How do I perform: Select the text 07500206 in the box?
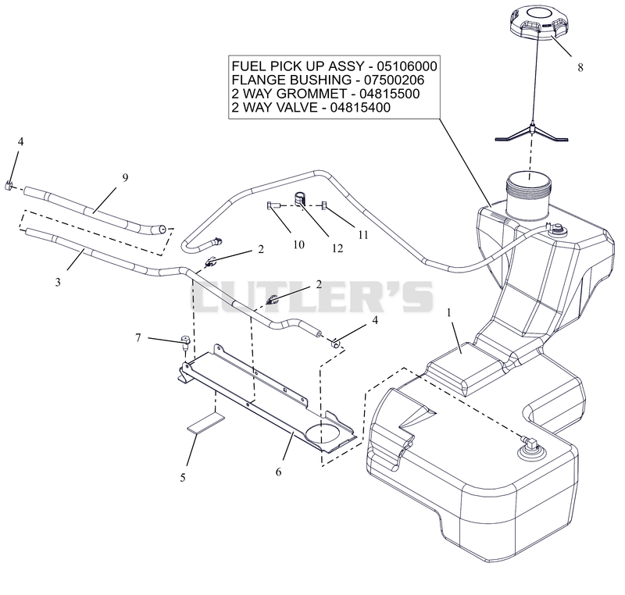pyautogui.click(x=395, y=80)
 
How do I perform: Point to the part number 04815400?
pyautogui.click(x=360, y=108)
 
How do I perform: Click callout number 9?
pyautogui.click(x=125, y=178)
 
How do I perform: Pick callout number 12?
pyautogui.click(x=337, y=248)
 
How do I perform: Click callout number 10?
pyautogui.click(x=299, y=244)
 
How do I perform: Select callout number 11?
pyautogui.click(x=362, y=235)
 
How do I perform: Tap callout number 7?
pyautogui.click(x=138, y=338)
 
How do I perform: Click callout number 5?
pyautogui.click(x=183, y=478)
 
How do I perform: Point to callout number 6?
pyautogui.click(x=278, y=472)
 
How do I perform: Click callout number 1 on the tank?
pyautogui.click(x=448, y=313)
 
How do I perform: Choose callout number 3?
pyautogui.click(x=58, y=282)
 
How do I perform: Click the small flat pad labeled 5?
pyautogui.click(x=206, y=423)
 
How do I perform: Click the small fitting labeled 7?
pyautogui.click(x=185, y=343)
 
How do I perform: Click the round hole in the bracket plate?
pyautogui.click(x=323, y=434)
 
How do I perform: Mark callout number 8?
pyautogui.click(x=580, y=68)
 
